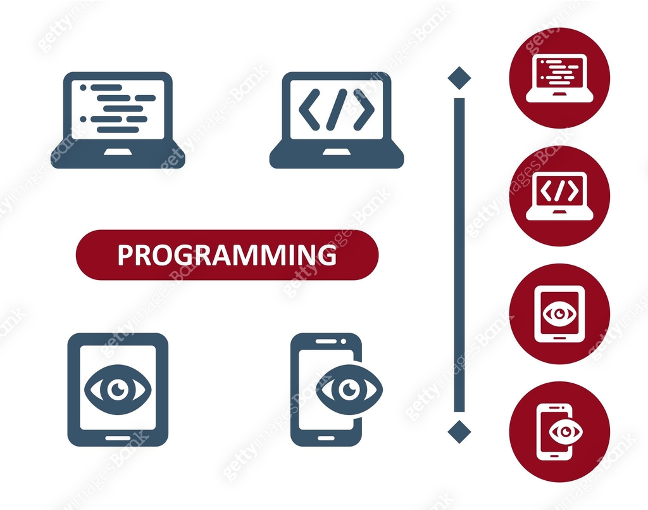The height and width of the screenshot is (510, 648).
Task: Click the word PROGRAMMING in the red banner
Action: coord(227,255)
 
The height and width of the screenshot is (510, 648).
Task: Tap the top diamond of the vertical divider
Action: coord(459,78)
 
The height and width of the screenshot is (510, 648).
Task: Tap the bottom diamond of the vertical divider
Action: coord(459,431)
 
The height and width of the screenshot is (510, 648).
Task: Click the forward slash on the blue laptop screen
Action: coord(337,110)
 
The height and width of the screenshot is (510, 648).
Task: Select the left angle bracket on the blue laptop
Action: coord(309,110)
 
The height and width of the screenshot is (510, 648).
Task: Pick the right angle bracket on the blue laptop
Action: coord(364,110)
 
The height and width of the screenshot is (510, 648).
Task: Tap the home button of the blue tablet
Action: coord(117,437)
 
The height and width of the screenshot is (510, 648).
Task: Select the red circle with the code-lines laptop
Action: coord(559,78)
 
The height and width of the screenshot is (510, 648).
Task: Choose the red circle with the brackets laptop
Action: coord(559,196)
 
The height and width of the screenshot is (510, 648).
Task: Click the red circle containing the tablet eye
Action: coord(559,314)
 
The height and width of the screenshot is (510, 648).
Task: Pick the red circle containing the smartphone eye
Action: coord(559,431)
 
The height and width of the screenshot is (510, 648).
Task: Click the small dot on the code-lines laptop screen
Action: coord(83,87)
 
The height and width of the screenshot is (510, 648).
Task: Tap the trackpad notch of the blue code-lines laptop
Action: coord(118,152)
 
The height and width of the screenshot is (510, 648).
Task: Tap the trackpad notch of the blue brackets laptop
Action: coord(337,152)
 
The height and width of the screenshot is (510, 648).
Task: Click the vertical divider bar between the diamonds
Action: coord(459,253)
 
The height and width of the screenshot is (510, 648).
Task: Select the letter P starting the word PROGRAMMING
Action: coord(125,255)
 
